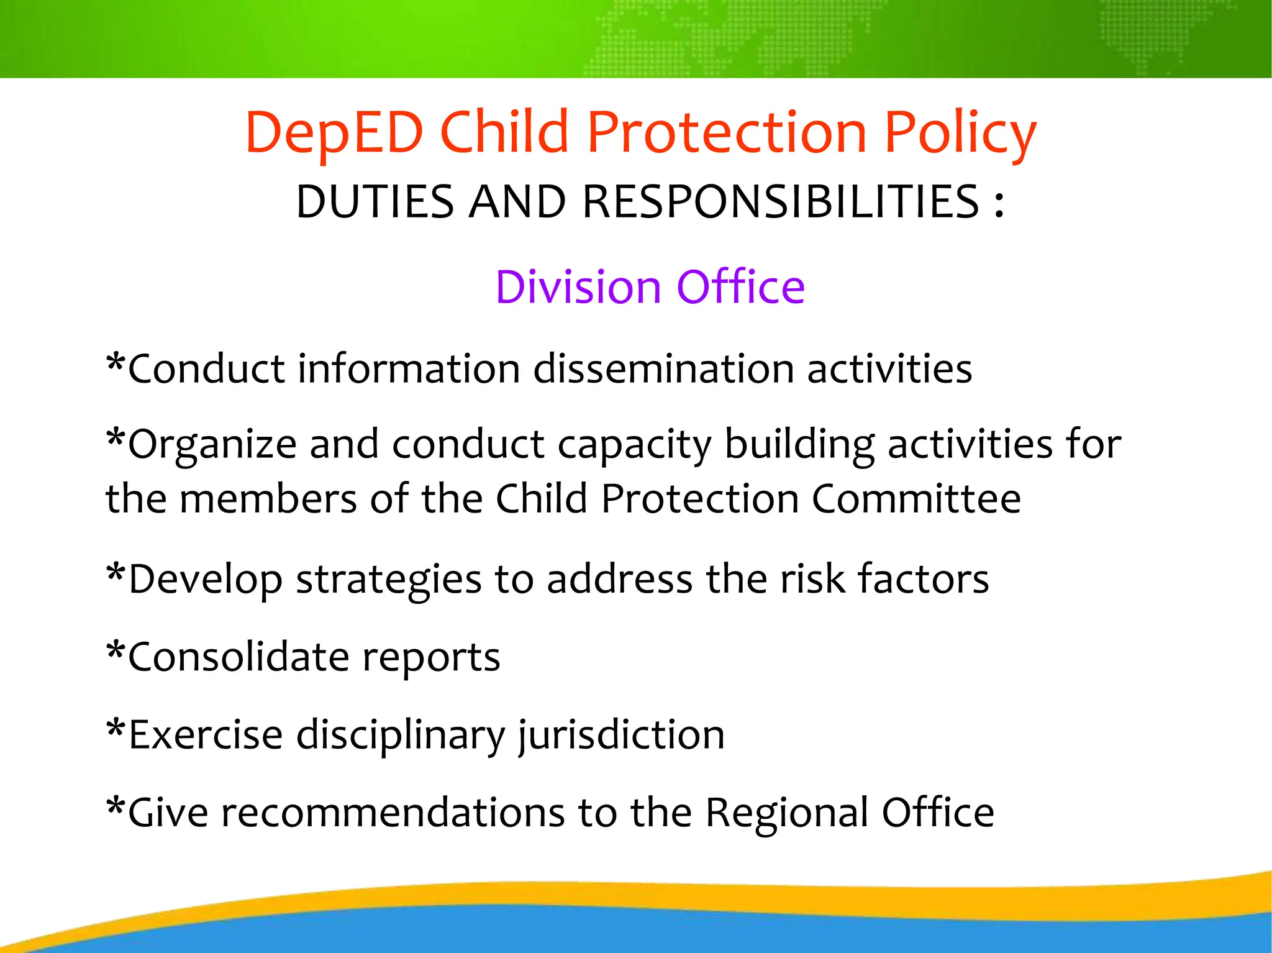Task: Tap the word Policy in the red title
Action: point(960,133)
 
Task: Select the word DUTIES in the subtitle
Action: point(375,202)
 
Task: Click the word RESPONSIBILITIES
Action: point(781,202)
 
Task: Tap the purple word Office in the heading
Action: point(740,287)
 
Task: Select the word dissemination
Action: point(663,368)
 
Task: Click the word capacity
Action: point(634,445)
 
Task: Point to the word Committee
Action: point(916,499)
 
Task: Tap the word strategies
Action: point(388,579)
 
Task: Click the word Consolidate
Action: point(238,657)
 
